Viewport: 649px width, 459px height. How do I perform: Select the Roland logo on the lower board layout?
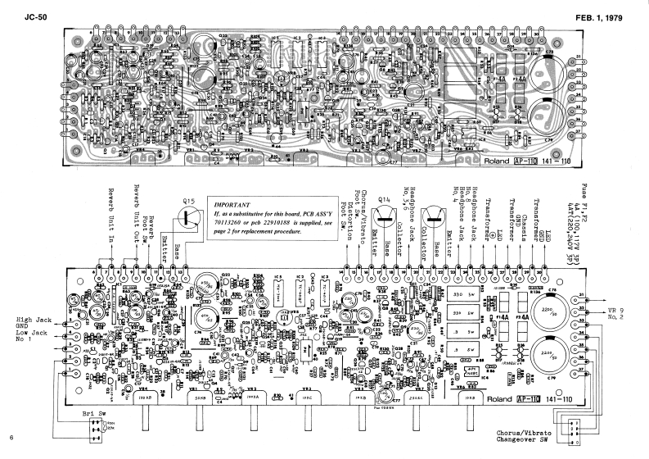(x=494, y=393)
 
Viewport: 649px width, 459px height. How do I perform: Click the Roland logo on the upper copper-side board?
(x=495, y=161)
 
